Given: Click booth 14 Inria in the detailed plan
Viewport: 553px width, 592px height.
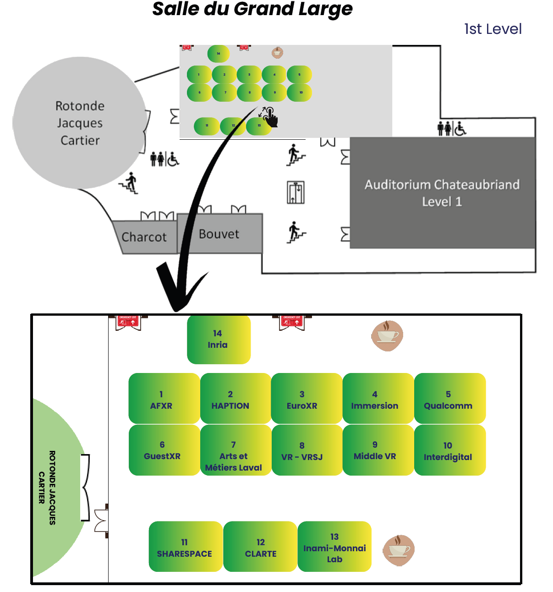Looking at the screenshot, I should point(219,340).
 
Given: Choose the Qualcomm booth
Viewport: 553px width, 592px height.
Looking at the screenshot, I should point(449,399).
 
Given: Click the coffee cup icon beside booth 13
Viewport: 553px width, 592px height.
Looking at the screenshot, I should point(399,550).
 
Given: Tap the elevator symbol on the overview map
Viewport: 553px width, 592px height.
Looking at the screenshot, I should point(296,192).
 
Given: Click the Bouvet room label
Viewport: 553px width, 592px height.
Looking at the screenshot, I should point(219,234).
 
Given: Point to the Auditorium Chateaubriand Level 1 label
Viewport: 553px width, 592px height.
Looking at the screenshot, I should point(442,193).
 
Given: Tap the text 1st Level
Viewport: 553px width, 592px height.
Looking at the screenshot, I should point(493,29).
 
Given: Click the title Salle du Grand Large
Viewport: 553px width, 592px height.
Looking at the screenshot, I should point(252,9).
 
